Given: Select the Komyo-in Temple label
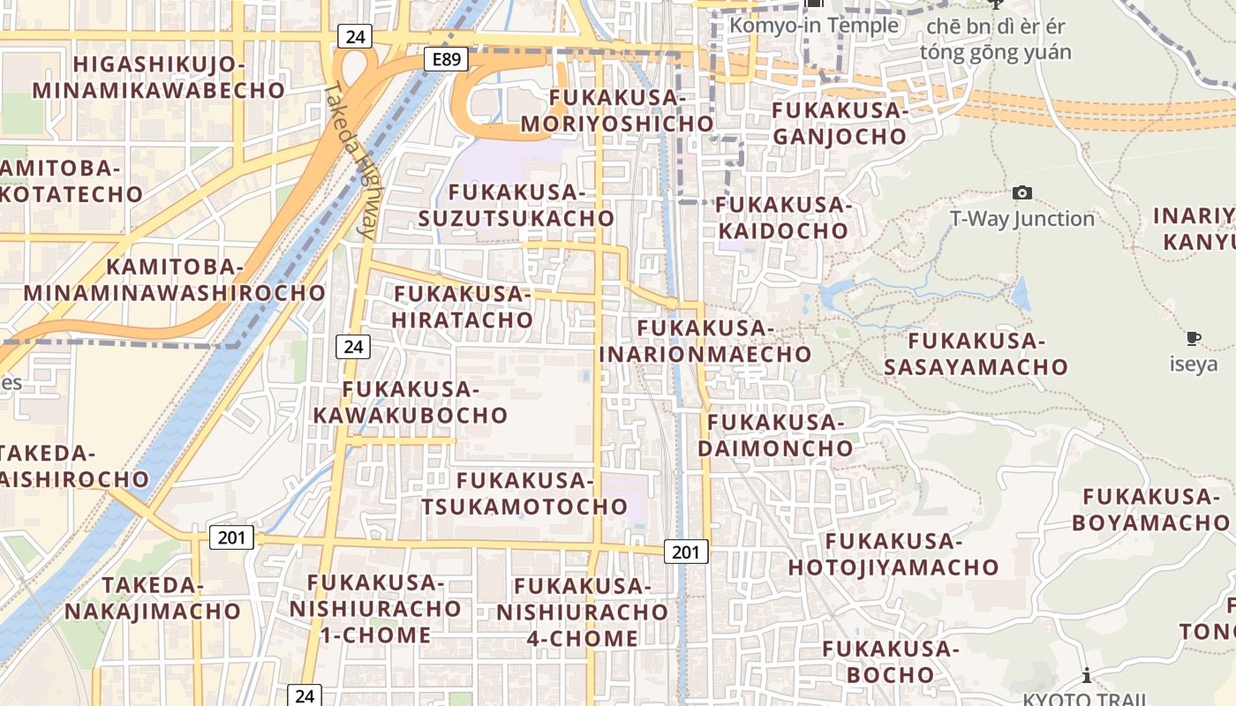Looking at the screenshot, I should point(813,26).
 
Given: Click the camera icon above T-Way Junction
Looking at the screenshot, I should point(1021,192).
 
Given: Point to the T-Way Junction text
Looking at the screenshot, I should point(1021,218).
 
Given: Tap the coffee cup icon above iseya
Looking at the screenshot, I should point(1194,338).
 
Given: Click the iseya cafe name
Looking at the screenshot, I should point(1194,364).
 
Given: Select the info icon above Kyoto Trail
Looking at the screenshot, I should point(1086,676).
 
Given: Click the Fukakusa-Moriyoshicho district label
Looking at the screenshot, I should point(617,110).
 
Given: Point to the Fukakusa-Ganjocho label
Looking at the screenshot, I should point(840,124).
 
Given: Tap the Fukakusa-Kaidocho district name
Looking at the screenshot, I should point(782,218).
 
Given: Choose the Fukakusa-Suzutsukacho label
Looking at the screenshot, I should point(516,205).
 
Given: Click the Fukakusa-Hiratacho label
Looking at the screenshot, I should point(463,306).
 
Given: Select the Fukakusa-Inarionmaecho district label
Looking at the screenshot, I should point(705,342).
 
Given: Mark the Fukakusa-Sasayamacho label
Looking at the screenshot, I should point(976,353).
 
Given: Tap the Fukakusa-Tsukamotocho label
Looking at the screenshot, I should point(524,494).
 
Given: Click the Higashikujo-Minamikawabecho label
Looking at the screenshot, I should point(159,77).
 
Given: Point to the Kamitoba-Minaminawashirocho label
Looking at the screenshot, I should point(175,280).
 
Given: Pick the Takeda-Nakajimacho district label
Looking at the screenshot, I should point(153,597).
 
